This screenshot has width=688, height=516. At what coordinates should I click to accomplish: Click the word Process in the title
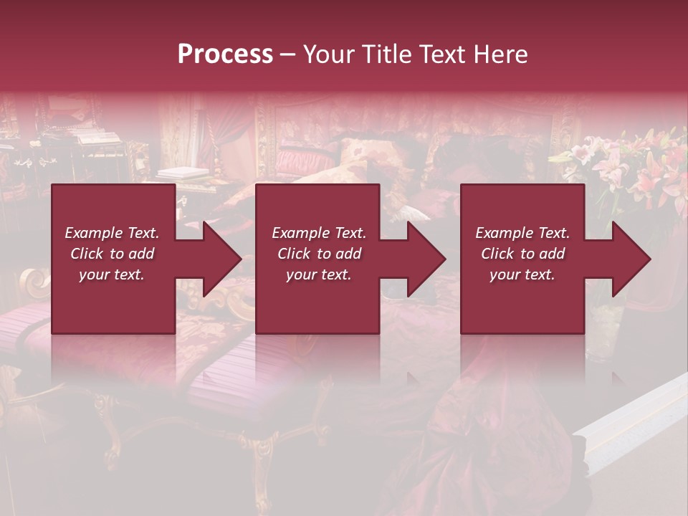point(225,54)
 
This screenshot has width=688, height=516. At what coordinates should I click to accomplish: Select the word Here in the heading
point(500,54)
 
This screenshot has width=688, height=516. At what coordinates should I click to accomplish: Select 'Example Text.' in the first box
point(112,233)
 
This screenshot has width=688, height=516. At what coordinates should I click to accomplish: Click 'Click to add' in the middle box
point(319,254)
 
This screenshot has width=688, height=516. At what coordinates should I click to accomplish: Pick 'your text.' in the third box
point(522,274)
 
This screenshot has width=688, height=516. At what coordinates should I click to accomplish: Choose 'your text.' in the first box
point(112,274)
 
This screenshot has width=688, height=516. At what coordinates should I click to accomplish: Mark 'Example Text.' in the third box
point(522,233)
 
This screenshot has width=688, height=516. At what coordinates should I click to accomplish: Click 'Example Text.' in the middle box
point(319,233)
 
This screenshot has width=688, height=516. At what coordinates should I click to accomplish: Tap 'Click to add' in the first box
point(112,254)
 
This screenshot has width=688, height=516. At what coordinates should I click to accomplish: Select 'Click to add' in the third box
point(522,254)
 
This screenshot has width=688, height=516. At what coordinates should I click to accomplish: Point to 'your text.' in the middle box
point(319,274)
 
